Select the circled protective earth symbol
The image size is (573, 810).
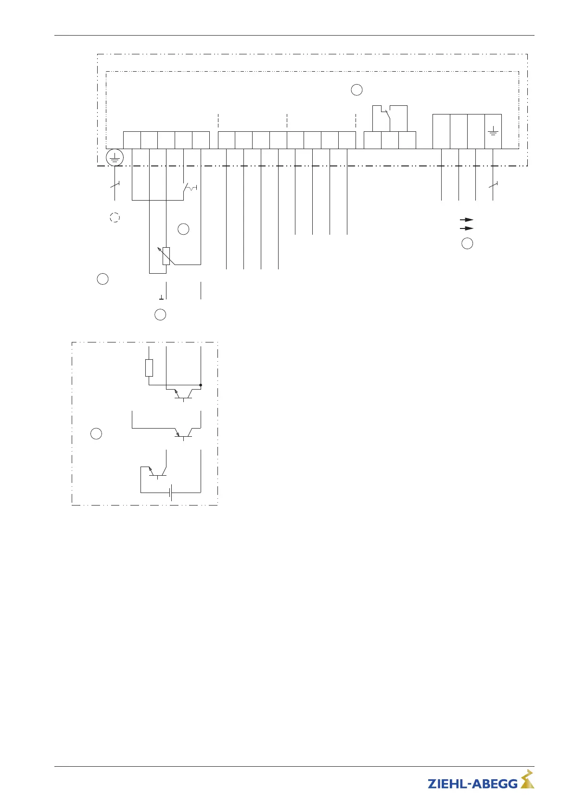pyautogui.click(x=115, y=158)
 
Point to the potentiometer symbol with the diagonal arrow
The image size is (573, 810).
pyautogui.click(x=166, y=255)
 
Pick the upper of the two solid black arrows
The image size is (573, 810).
pyautogui.click(x=467, y=220)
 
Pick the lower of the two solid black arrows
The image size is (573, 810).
pyautogui.click(x=467, y=228)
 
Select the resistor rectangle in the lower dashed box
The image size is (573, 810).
pyautogui.click(x=149, y=368)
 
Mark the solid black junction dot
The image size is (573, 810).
pyautogui.click(x=201, y=385)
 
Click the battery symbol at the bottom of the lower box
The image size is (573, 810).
pyautogui.click(x=171, y=493)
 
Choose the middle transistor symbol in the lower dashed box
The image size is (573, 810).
pyautogui.click(x=183, y=433)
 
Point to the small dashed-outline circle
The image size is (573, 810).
pyautogui.click(x=115, y=217)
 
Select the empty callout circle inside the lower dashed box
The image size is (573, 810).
pyautogui.click(x=96, y=433)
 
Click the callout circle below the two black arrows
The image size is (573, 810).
pyautogui.click(x=467, y=243)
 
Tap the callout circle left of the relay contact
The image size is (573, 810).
pyautogui.click(x=357, y=90)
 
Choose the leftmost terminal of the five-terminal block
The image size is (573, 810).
pyautogui.click(x=132, y=140)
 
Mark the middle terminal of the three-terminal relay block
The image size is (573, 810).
pyautogui.click(x=390, y=140)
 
